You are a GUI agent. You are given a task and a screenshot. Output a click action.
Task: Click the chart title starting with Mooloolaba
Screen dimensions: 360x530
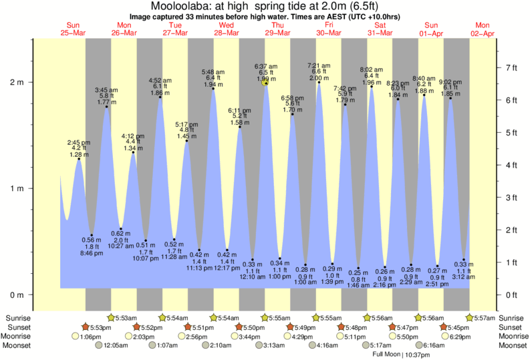tap(265, 6)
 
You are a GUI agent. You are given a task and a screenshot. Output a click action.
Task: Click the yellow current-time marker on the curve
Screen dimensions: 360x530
tap(265, 83)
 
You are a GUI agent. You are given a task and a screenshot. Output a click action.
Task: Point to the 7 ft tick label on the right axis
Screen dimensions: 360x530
tap(513, 67)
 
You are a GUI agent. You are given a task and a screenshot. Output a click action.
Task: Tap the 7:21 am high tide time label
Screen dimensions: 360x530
tap(319, 65)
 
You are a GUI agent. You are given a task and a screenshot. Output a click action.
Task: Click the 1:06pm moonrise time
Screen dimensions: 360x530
tap(92, 337)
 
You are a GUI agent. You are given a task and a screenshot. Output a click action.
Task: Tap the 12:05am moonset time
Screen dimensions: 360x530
tap(116, 346)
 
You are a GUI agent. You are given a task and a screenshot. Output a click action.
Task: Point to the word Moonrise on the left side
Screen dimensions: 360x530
tap(20, 337)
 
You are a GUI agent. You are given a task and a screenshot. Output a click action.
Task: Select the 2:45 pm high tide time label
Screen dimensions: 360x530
tap(78, 142)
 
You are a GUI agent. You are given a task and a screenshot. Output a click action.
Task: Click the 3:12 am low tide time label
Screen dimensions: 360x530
tap(464, 277)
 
